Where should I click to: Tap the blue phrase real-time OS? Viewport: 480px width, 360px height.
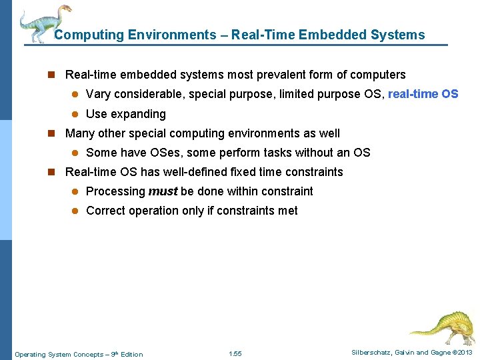[423, 94]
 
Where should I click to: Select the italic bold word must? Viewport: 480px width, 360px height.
[163, 191]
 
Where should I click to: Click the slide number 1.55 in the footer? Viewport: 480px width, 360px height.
[235, 353]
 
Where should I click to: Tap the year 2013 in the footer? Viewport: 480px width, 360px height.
[464, 353]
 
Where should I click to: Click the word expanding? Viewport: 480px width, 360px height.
[139, 114]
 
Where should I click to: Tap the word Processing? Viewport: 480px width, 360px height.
[115, 191]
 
